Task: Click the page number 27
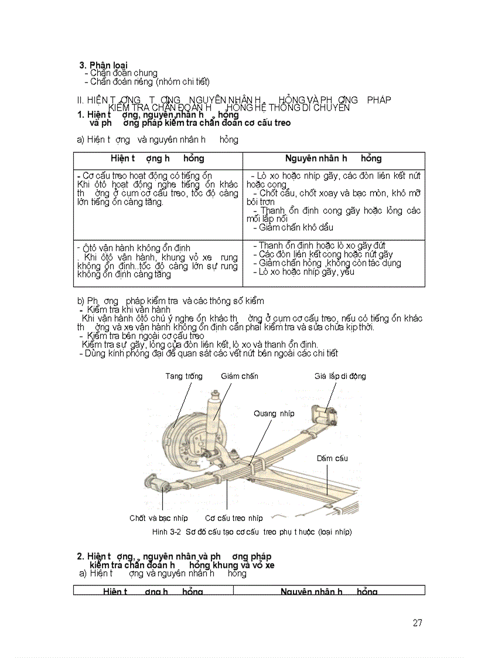pos(417,623)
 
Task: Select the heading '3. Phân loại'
pos(104,65)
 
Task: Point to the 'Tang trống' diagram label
pos(184,376)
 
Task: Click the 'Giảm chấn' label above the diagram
pos(240,376)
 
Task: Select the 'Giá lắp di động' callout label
pos(340,376)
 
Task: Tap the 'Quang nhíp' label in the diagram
pos(274,413)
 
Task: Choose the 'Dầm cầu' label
pos(332,458)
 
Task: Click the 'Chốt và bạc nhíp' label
pos(158,518)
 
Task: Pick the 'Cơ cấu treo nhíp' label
pos(234,518)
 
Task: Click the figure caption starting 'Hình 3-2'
pos(251,532)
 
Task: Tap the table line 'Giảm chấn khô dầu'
pos(296,227)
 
